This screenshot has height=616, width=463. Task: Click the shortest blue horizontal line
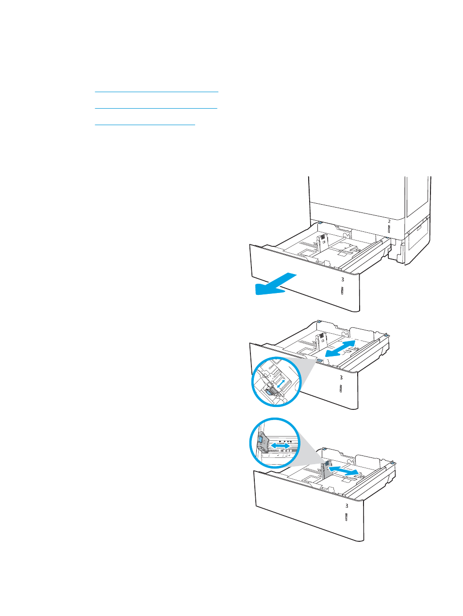tap(145, 124)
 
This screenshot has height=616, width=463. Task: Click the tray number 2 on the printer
tap(389, 222)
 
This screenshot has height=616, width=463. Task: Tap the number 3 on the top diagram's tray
tap(342, 279)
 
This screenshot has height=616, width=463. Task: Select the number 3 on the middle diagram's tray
tap(341, 377)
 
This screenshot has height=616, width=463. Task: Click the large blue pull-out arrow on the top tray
tap(276, 284)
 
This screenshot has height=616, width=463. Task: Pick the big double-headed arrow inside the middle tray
tap(340, 349)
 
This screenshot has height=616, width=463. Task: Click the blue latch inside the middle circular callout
tap(268, 392)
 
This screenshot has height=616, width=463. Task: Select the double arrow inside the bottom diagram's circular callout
tap(280, 445)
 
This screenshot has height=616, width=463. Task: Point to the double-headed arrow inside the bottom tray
tap(344, 470)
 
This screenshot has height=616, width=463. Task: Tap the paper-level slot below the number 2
tap(389, 229)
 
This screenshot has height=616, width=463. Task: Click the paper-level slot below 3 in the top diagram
tap(342, 291)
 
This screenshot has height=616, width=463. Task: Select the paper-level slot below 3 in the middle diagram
tap(341, 389)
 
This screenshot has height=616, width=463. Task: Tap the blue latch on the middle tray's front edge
tap(319, 359)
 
